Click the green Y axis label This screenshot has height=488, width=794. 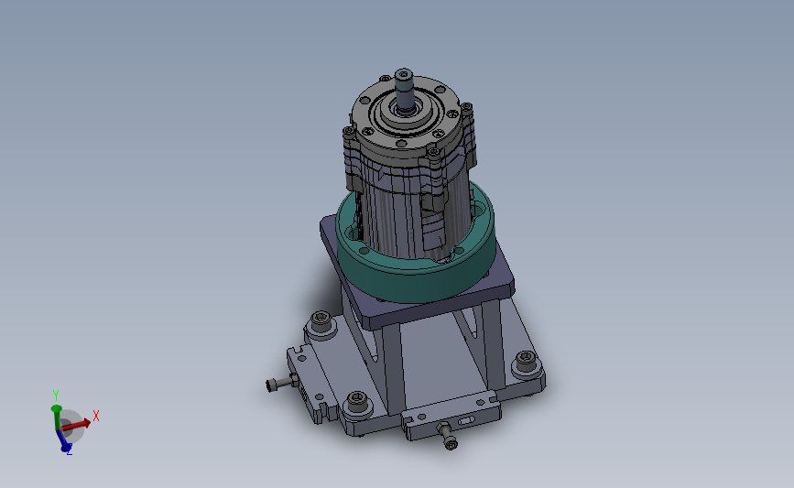(x=56, y=395)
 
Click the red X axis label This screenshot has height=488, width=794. (x=96, y=416)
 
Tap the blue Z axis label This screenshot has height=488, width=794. (x=70, y=450)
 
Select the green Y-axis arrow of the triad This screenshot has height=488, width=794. (x=56, y=417)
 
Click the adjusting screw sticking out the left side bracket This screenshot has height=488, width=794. (x=281, y=383)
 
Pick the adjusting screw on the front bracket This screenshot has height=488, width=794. (x=447, y=435)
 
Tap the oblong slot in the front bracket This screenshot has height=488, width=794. (x=465, y=421)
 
